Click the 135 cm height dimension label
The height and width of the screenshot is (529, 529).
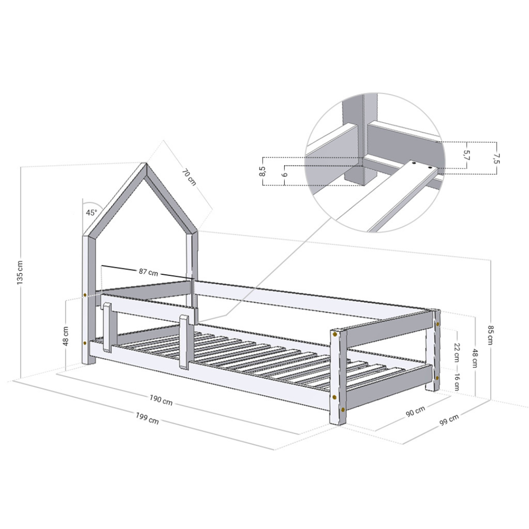pos(20,272)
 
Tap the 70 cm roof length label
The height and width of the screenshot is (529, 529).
pos(189,177)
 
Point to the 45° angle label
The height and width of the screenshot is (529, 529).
pos(91,213)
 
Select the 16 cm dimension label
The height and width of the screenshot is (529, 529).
pos(456,381)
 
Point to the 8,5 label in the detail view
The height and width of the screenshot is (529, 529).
pos(263,171)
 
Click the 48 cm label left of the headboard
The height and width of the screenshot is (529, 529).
pos(66,336)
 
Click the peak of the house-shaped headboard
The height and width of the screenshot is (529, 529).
pos(145,165)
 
